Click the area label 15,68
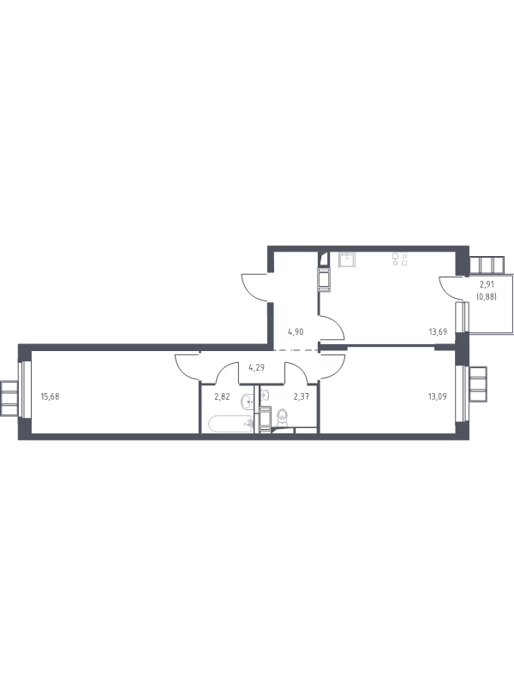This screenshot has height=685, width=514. pyautogui.click(x=50, y=396)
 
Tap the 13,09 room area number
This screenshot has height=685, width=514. pyautogui.click(x=438, y=396)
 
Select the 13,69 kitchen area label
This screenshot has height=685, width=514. pyautogui.click(x=438, y=331)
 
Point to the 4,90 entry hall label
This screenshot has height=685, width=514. pyautogui.click(x=296, y=331)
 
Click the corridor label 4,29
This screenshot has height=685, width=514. pyautogui.click(x=256, y=367)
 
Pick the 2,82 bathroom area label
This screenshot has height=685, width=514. pyautogui.click(x=222, y=396)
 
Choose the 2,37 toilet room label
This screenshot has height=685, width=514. pyautogui.click(x=302, y=396)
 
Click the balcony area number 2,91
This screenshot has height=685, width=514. pyautogui.click(x=487, y=284)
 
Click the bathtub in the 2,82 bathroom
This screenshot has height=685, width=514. pyautogui.click(x=230, y=424)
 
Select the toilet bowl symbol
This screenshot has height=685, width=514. pyautogui.click(x=283, y=416)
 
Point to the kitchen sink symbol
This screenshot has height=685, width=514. pyautogui.click(x=348, y=260)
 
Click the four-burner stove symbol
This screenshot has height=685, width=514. pyautogui.click(x=399, y=259)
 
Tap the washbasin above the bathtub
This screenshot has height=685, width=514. pyautogui.click(x=247, y=402)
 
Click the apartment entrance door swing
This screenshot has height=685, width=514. pyautogui.click(x=254, y=288)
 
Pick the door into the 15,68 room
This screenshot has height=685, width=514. pyautogui.click(x=187, y=368)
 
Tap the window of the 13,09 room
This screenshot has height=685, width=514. pyautogui.click(x=462, y=393)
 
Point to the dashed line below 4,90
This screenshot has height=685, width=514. pyautogui.click(x=296, y=350)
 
